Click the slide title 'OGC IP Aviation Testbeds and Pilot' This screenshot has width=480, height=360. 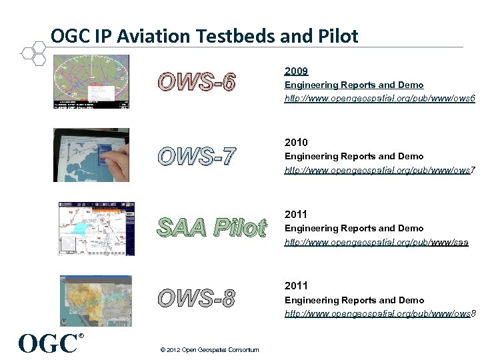[x=204, y=35]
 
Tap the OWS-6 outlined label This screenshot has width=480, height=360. [x=197, y=83]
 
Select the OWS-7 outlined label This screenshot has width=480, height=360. [x=197, y=156]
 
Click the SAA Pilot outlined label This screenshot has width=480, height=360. [x=211, y=228]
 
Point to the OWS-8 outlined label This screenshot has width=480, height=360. [x=197, y=299]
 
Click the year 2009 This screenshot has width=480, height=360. [x=296, y=71]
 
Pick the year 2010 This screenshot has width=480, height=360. [x=296, y=142]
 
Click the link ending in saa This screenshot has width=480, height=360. [x=376, y=242]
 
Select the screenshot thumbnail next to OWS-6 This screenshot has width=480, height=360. [x=91, y=82]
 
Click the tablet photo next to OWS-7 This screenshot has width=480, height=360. [x=91, y=155]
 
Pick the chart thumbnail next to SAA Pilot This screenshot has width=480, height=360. [x=96, y=229]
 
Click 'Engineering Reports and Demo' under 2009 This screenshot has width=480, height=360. [x=353, y=85]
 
